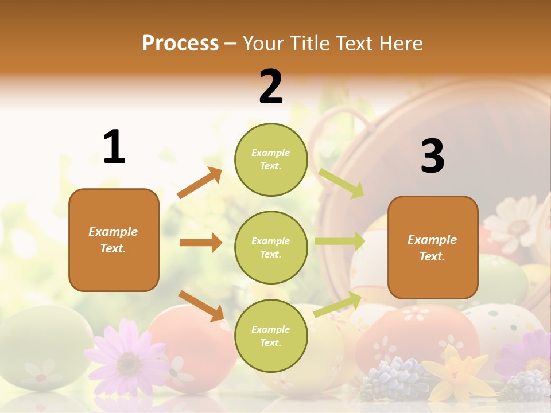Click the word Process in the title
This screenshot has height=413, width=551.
tap(180, 44)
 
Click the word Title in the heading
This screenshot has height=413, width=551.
tap(309, 44)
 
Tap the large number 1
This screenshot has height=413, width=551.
tap(114, 147)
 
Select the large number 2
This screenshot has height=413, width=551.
tap(271, 87)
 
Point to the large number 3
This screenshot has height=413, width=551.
tap(432, 156)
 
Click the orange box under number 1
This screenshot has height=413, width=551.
tap(114, 240)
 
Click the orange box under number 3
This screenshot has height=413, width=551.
tap(433, 247)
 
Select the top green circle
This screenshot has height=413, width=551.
tap(271, 159)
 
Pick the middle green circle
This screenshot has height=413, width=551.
tap(271, 247)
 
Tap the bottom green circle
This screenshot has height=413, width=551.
tap(271, 336)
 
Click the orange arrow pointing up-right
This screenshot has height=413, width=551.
tap(200, 183)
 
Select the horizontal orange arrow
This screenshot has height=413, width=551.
tap(201, 243)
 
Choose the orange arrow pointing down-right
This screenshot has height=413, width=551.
tap(201, 305)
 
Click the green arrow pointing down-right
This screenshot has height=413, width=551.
tap(342, 183)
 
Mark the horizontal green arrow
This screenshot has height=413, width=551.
tap(340, 241)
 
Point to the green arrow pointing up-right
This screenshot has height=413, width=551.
tap(338, 304)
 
